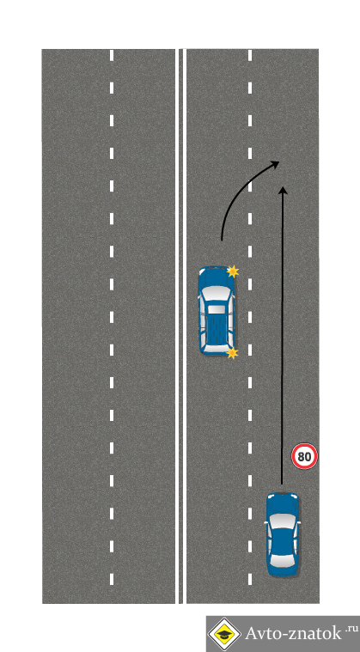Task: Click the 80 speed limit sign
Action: [x=304, y=456]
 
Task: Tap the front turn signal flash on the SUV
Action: [x=233, y=271]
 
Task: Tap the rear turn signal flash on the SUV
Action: [x=232, y=353]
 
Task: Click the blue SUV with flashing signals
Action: [x=217, y=311]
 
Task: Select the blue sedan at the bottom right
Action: [x=283, y=534]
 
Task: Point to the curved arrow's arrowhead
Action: [x=274, y=163]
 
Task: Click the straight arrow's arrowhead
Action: [x=283, y=190]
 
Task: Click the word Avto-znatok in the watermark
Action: [x=294, y=633]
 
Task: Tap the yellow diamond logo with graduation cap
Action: [x=224, y=634]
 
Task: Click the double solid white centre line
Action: [x=180, y=326]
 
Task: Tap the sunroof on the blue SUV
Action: [x=216, y=309]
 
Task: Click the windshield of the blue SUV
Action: [x=217, y=292]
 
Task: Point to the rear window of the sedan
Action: [x=283, y=559]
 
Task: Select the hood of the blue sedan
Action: [x=283, y=503]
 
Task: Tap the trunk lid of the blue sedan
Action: [x=283, y=570]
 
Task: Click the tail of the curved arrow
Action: [x=222, y=240]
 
